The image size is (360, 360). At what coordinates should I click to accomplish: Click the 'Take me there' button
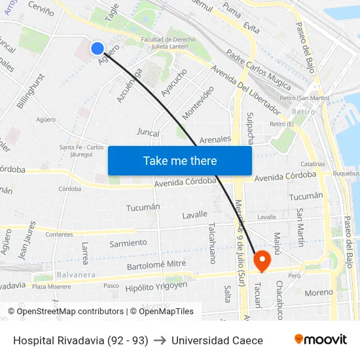(x=180, y=160)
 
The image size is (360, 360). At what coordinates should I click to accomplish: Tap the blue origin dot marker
(x=97, y=48)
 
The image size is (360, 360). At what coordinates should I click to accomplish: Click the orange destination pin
(x=262, y=261)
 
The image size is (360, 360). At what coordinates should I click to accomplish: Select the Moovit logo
(x=321, y=340)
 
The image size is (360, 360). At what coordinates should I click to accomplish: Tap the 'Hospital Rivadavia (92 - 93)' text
(x=81, y=340)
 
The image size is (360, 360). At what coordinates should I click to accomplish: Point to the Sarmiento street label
(x=128, y=243)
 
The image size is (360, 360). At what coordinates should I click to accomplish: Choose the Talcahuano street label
(x=212, y=243)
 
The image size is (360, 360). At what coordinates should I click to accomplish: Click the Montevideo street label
(x=198, y=102)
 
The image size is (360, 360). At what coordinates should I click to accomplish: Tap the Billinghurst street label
(x=32, y=90)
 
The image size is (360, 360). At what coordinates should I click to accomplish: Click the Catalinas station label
(x=313, y=164)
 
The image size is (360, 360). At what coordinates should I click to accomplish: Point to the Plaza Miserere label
(x=52, y=286)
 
